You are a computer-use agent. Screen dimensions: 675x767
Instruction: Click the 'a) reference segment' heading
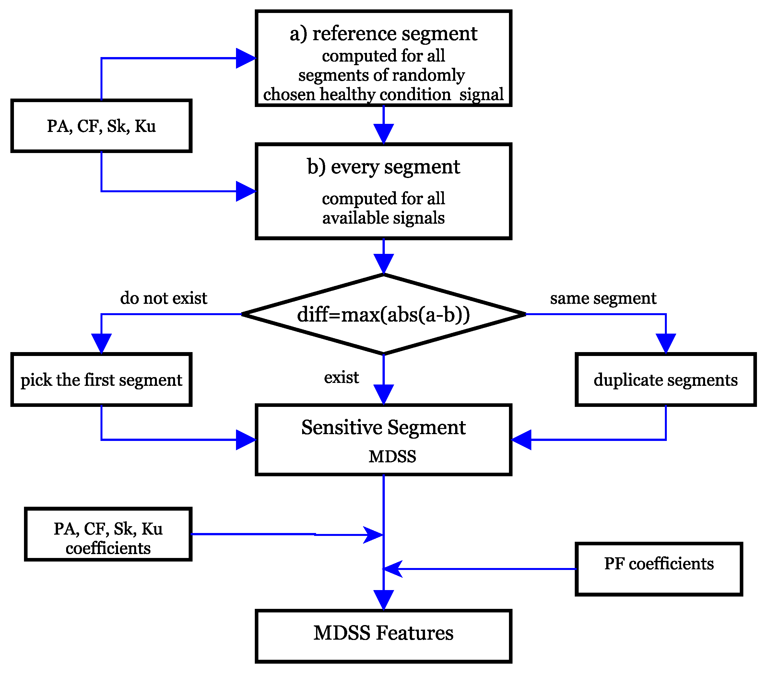point(383,34)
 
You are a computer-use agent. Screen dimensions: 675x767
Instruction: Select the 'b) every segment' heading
point(383,167)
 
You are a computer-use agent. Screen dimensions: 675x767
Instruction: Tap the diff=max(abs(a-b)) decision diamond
point(383,314)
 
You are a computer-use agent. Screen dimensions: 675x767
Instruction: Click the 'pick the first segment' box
point(101,379)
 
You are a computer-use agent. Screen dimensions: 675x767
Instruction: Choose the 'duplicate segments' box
point(665,379)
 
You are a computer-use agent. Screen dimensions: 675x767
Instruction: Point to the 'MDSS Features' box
point(383,633)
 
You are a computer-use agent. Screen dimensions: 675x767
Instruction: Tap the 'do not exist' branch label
point(164,298)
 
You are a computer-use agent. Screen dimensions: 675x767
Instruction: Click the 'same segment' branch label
point(603,298)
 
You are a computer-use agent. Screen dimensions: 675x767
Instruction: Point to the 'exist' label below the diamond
point(341,377)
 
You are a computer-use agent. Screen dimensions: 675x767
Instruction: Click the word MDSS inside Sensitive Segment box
point(392,456)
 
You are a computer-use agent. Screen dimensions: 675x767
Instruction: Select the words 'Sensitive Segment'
point(383,427)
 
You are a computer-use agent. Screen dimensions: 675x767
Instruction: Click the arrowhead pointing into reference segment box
point(245,58)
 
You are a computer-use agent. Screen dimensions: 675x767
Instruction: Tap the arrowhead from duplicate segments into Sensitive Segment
point(522,439)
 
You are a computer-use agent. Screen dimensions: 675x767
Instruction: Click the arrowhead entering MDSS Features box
point(383,599)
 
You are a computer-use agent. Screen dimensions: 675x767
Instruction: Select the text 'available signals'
point(383,218)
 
